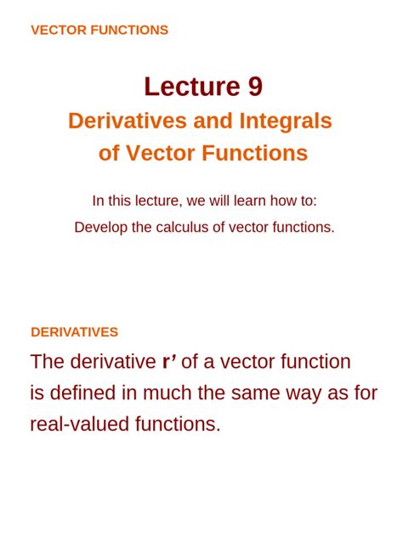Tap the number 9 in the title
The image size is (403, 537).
253,87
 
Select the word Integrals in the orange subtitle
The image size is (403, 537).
285,122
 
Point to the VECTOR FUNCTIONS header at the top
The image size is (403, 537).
99,31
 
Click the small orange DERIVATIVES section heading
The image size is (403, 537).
74,332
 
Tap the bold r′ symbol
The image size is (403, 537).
169,362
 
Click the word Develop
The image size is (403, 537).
100,228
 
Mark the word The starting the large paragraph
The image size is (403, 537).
48,362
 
